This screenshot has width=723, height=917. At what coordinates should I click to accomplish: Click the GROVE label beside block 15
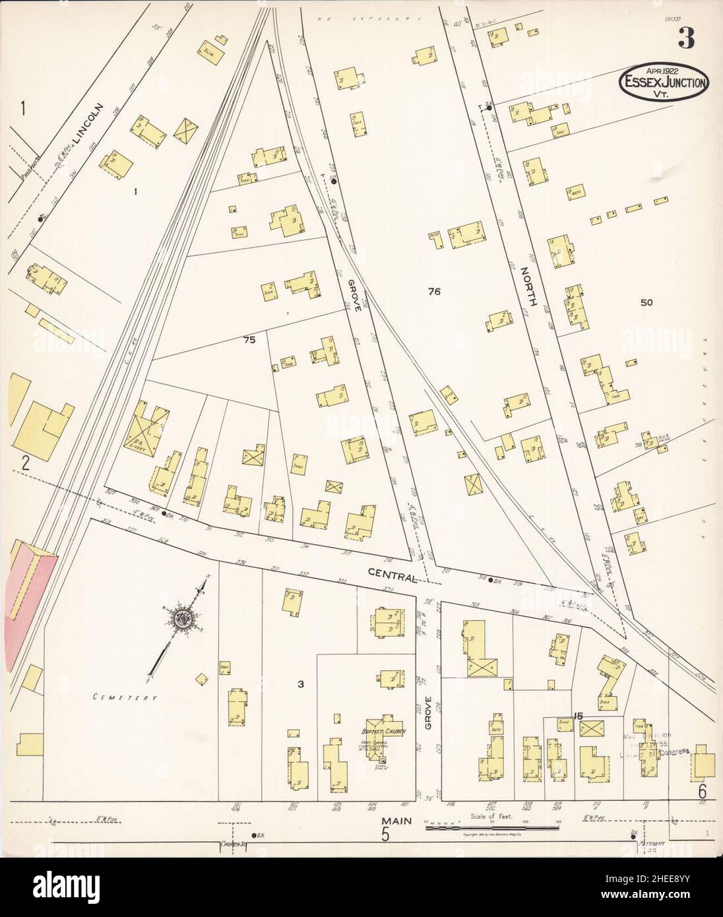pyautogui.click(x=429, y=713)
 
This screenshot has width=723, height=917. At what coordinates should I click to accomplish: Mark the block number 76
pyautogui.click(x=433, y=291)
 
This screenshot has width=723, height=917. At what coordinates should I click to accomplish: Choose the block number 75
pyautogui.click(x=248, y=340)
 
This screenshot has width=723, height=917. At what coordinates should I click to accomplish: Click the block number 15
pyautogui.click(x=579, y=716)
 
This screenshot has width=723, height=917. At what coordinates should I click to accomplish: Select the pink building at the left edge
pyautogui.click(x=26, y=597)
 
